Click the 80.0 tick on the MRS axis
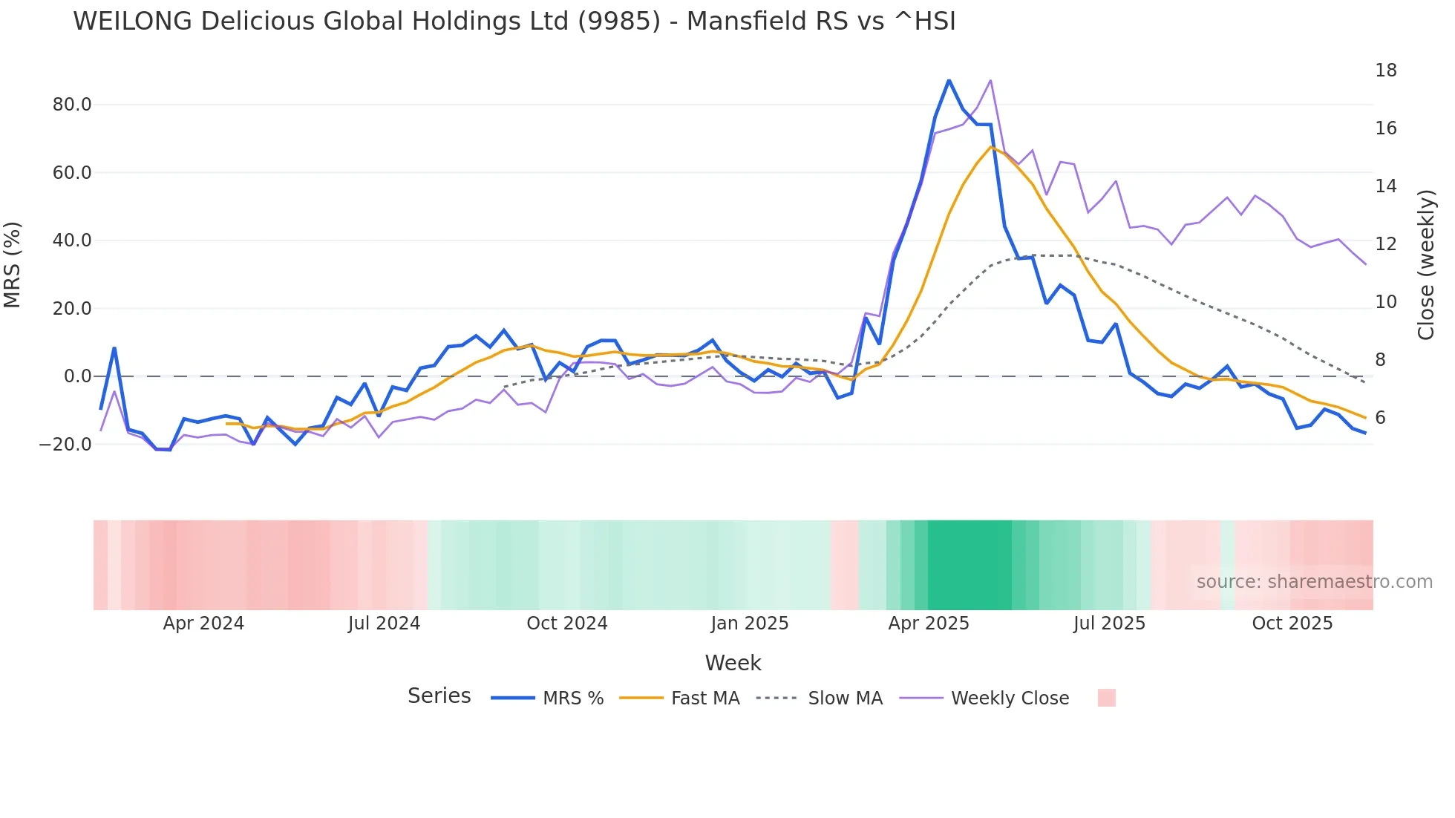(71, 105)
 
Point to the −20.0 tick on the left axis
(65, 445)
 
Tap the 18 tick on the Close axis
(1385, 71)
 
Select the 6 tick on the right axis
(1380, 418)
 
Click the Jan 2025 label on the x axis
(749, 624)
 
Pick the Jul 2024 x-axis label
(384, 624)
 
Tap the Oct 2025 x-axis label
(1292, 624)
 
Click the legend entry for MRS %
(572, 698)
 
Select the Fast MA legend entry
(704, 698)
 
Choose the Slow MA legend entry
(845, 698)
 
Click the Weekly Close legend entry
(1010, 698)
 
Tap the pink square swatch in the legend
(1106, 698)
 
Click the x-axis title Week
(733, 663)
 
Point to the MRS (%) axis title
(13, 265)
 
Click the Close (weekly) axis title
(1425, 265)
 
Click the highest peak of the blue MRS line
(949, 80)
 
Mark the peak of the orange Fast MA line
(990, 147)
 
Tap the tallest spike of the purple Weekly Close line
(990, 80)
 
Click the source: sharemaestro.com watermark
(1314, 582)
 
